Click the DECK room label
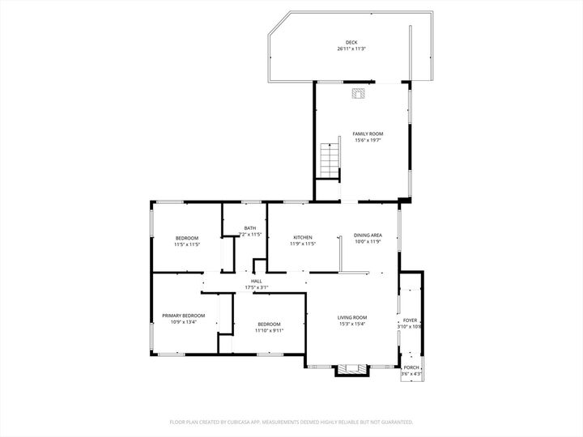(351, 42)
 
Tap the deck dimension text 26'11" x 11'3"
(351, 49)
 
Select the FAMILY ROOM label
(367, 134)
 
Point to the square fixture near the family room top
(358, 94)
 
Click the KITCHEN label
(302, 237)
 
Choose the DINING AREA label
(368, 235)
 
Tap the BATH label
(250, 228)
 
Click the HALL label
(256, 281)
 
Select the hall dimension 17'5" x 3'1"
(256, 287)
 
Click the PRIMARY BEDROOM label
(183, 316)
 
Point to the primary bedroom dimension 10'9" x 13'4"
(183, 322)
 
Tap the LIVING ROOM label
(352, 317)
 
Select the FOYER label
(411, 320)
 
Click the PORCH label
(411, 367)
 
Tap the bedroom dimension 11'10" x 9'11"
(268, 330)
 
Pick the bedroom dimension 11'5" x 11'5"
(187, 244)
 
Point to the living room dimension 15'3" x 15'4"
(352, 324)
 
